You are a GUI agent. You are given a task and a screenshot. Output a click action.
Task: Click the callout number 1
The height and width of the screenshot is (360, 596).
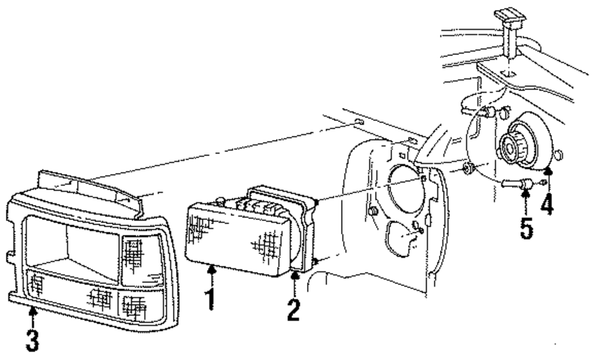pos(209,298)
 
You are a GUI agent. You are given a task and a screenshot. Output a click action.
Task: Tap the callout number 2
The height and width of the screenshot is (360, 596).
pos(293,309)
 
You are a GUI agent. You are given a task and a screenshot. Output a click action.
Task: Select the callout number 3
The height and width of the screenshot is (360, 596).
pos(33,338)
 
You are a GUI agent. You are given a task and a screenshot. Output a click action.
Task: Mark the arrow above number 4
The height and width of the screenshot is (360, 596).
pos(547,176)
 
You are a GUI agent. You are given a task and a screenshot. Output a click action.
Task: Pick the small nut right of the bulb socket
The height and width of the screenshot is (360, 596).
pos(558,156)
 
